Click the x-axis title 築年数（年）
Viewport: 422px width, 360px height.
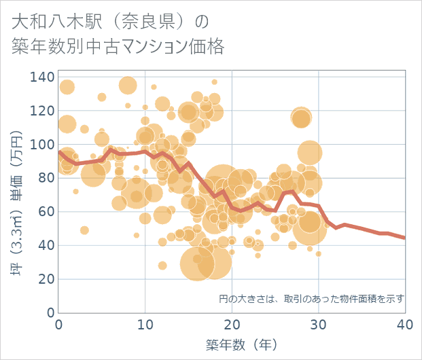tap(232, 344)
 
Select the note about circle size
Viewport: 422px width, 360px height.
tap(311, 299)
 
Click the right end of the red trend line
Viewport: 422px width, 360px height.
tap(404, 238)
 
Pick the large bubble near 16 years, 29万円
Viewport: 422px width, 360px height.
tap(197, 264)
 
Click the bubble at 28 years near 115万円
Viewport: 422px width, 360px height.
tap(301, 118)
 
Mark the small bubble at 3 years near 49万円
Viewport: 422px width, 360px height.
tap(84, 230)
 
